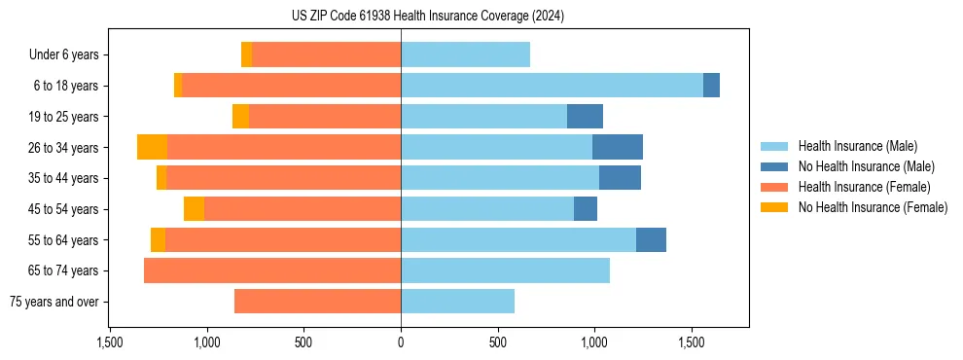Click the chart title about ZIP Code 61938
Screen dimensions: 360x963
428,16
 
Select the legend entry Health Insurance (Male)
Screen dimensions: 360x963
857,146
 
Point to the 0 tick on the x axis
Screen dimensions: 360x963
401,342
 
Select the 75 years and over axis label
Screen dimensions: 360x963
54,302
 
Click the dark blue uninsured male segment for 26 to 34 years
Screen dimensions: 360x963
618,147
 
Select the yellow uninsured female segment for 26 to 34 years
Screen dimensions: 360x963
152,147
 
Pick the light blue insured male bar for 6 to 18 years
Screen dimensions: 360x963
552,86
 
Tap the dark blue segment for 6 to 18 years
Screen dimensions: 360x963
711,86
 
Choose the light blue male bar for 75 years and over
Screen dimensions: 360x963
457,302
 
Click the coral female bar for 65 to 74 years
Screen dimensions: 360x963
272,270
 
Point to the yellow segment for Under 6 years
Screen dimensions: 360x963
247,54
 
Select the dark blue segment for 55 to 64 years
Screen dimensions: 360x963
651,239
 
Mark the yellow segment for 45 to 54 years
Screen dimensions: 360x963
194,209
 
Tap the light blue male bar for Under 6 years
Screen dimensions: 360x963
465,54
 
